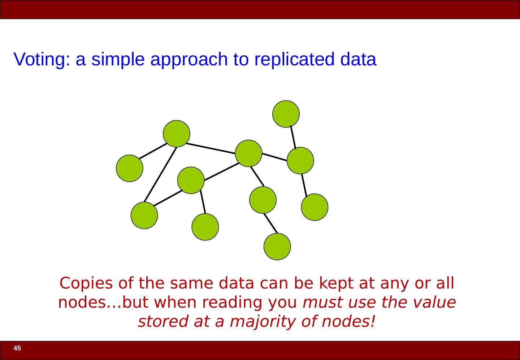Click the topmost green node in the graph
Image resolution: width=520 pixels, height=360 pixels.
(286, 114)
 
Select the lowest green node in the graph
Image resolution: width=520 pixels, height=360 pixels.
(277, 247)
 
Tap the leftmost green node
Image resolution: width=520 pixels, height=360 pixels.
(130, 168)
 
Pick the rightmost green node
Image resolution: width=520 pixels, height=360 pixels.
(315, 207)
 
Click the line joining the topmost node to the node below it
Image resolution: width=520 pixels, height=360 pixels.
(293, 137)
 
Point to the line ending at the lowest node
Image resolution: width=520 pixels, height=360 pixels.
(270, 224)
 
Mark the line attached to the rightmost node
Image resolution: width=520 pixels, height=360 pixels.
(304, 185)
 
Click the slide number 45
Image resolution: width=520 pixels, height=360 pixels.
(17, 348)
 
